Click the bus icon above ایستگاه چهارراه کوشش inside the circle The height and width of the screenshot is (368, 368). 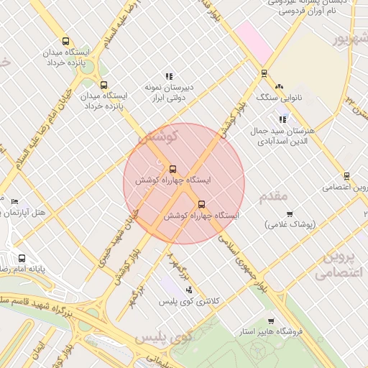[x=172, y=170]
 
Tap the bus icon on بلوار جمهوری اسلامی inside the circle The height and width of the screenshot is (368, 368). [x=201, y=203]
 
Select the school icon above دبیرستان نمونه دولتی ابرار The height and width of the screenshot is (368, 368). [x=169, y=75]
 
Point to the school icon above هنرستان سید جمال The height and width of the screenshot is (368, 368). [x=283, y=119]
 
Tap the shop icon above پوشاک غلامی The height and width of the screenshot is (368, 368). [x=290, y=213]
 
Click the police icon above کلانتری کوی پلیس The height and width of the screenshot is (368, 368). [x=189, y=290]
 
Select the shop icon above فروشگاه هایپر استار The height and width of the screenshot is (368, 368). [x=270, y=321]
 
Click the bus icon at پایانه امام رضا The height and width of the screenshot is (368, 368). [x=22, y=258]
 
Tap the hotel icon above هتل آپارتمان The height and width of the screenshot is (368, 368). [x=14, y=201]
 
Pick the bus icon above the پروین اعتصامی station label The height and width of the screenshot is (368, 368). [x=346, y=175]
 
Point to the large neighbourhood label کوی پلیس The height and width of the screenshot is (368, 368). [x=164, y=337]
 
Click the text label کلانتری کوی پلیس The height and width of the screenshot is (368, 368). [x=189, y=302]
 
